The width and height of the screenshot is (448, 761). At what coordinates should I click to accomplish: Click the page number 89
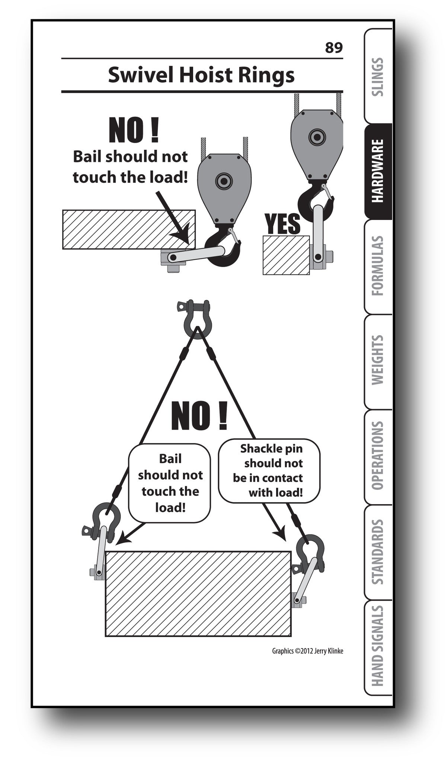(333, 48)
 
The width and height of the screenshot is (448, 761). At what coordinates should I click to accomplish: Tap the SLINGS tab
(378, 77)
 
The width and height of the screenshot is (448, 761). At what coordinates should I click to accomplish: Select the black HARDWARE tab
(378, 171)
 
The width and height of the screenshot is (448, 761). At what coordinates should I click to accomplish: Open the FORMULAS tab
(378, 266)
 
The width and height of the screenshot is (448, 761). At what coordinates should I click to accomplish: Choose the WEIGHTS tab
(378, 360)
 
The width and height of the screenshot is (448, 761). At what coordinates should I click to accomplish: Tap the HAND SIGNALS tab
(378, 647)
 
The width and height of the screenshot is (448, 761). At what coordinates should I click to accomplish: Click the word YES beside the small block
(282, 224)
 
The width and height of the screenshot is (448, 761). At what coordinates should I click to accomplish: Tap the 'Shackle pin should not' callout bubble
(269, 470)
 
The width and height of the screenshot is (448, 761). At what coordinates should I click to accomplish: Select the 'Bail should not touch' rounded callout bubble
(170, 483)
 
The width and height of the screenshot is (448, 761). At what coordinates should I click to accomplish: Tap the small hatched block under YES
(286, 255)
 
